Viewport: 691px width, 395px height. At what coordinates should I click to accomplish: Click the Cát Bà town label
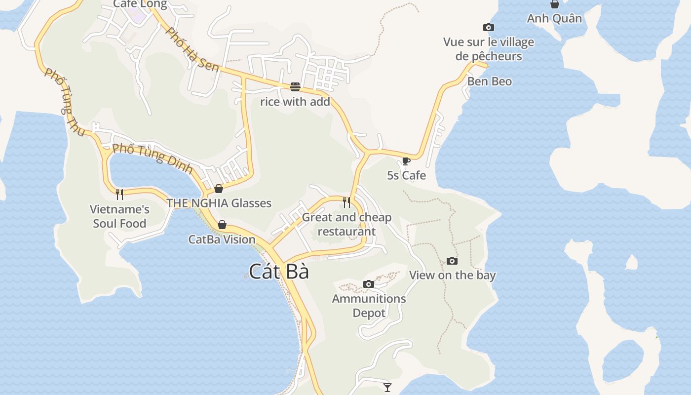279,272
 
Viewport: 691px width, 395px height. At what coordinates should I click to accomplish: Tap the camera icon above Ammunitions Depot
368,284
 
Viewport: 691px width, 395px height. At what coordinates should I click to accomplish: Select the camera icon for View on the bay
452,261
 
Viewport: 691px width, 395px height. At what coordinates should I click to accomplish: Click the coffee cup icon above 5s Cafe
406,161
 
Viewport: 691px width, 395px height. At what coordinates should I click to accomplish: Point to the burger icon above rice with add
295,87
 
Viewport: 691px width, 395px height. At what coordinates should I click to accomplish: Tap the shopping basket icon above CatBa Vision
222,225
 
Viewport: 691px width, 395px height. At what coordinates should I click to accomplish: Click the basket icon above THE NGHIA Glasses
219,189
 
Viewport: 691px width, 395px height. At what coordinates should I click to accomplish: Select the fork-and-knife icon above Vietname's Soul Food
119,194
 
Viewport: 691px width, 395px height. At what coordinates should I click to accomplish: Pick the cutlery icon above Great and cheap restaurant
346,202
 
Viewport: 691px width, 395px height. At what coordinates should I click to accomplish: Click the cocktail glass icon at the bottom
387,387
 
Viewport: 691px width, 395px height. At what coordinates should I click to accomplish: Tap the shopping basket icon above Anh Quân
555,4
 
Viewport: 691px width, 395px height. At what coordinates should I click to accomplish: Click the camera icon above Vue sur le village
488,28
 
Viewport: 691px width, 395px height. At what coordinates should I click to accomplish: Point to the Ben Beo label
490,81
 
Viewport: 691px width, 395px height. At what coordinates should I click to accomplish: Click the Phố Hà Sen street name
192,49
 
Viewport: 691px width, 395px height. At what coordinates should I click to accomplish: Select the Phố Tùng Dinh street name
152,158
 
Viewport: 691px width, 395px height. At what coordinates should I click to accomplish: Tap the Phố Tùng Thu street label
65,103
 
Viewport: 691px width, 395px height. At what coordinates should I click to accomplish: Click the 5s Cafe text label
406,175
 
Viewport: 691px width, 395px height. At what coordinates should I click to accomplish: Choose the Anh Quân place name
554,19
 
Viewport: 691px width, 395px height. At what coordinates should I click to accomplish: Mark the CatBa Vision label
222,239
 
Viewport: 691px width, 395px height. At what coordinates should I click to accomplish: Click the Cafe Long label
140,4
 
